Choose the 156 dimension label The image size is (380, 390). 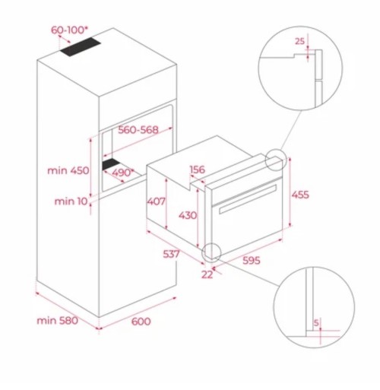198,170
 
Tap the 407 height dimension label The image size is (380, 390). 156,203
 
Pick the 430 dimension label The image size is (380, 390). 188,216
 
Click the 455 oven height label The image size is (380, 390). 300,195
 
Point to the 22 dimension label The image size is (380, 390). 206,274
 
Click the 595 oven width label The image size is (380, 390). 252,262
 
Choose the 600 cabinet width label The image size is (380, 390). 141,322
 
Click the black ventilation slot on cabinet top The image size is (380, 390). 79,49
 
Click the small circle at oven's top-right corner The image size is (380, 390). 275,160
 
